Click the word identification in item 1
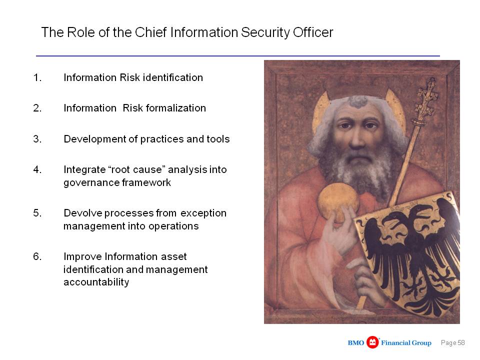click(x=173, y=77)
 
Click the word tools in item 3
click(x=218, y=139)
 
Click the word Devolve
click(x=82, y=213)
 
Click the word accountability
click(x=96, y=282)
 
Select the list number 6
click(x=37, y=256)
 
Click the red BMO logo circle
click(x=372, y=342)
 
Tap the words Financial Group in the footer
click(x=406, y=343)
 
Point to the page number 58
click(x=461, y=343)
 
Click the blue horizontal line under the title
click(x=238, y=56)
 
